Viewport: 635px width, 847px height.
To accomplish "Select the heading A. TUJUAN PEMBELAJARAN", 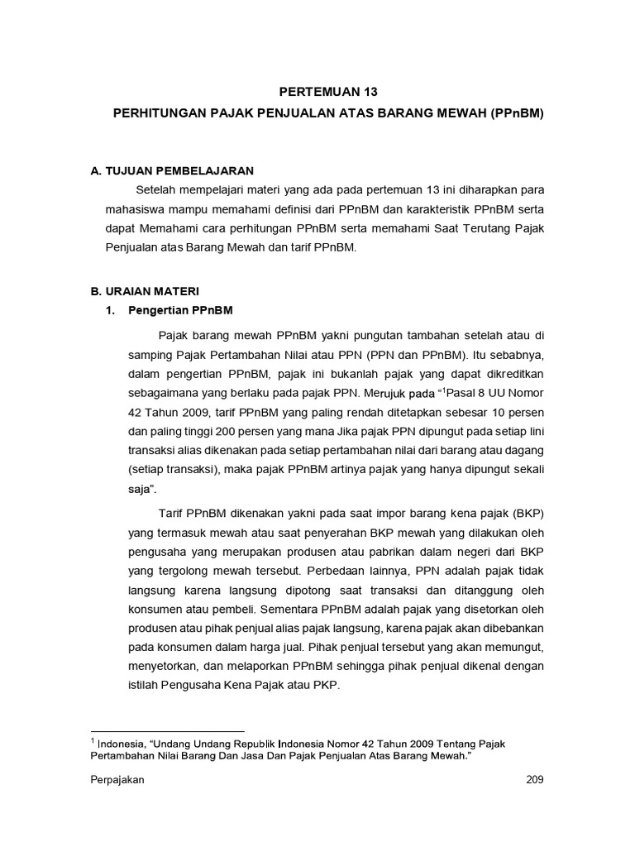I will pos(171,170).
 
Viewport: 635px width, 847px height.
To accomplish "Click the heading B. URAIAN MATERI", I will pos(145,291).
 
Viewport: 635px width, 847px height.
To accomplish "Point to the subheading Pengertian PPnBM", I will pos(181,311).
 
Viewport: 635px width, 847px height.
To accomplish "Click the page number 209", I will pos(535,781).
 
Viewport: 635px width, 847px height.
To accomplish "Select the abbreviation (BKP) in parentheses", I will pos(527,511).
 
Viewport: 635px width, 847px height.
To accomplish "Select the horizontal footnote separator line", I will pos(168,731).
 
